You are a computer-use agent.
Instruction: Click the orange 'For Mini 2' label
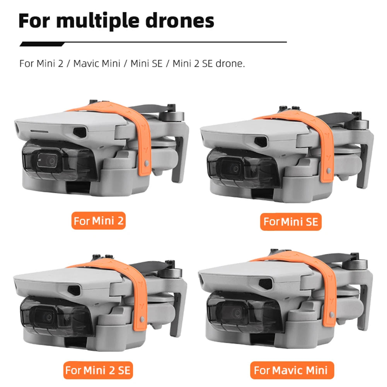tap(99, 221)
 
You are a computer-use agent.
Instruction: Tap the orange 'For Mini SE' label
tap(291, 222)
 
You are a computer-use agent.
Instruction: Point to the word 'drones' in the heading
tap(184, 21)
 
